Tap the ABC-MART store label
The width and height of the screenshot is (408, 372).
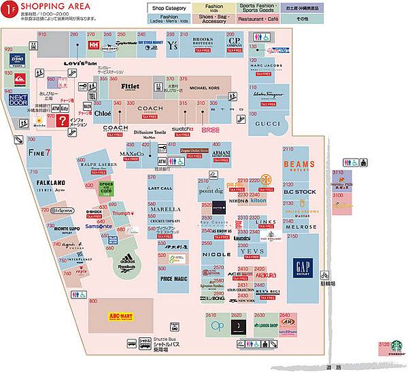120,316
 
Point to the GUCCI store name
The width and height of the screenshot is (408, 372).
267,123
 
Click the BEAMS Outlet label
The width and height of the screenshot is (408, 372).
299,166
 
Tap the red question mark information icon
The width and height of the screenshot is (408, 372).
62,120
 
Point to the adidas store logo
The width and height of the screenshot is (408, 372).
126,260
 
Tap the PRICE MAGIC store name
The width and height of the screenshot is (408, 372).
173,278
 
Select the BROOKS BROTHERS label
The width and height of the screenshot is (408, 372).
203,41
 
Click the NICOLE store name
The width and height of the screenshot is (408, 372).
216,254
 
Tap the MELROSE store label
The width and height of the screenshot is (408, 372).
301,227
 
